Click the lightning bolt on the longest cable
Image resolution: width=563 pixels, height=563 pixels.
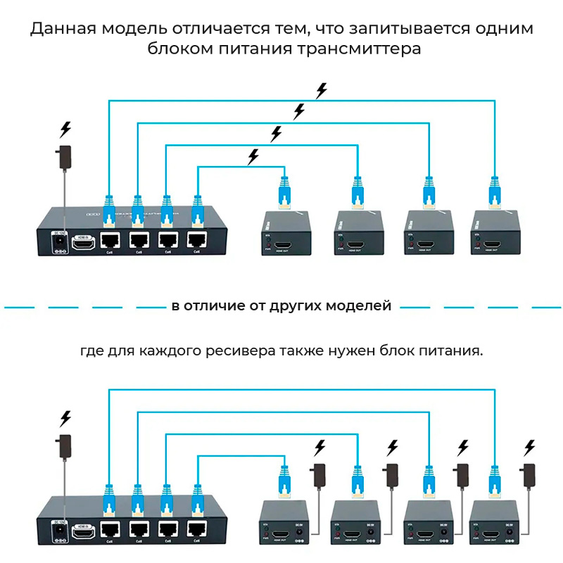322,91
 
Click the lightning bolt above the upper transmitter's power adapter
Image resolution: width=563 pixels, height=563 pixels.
65,129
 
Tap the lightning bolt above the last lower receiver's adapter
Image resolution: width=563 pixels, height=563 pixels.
530,447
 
